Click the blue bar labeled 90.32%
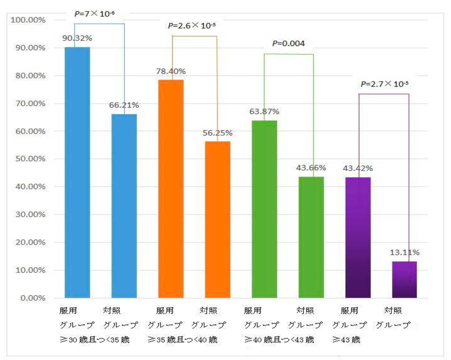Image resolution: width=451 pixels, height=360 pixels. click(x=77, y=172)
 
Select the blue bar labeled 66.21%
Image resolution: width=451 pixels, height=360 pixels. click(x=124, y=206)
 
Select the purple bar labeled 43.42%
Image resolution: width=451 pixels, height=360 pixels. click(x=358, y=237)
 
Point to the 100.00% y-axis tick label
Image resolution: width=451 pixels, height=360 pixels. click(x=28, y=20)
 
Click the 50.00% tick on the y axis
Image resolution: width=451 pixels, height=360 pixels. click(x=30, y=159)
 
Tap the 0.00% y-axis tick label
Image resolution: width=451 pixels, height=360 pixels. click(x=33, y=298)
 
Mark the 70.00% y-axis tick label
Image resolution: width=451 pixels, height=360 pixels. click(x=30, y=103)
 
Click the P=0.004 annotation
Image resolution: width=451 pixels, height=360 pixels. click(x=289, y=43)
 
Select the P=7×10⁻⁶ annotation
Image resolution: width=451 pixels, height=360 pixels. click(x=94, y=13)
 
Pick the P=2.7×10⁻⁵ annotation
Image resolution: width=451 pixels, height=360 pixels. click(x=384, y=84)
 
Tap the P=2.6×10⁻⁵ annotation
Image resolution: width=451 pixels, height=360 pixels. click(x=192, y=25)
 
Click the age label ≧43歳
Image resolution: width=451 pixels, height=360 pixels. click(x=346, y=340)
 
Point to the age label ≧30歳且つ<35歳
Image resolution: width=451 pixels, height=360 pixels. click(x=95, y=340)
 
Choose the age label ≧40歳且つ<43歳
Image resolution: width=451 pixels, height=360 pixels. click(x=279, y=340)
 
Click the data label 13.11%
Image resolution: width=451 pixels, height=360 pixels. click(x=404, y=252)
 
